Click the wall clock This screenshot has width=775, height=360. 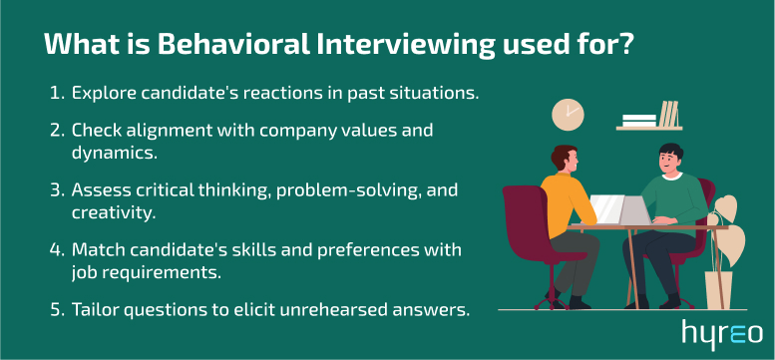(x=568, y=114)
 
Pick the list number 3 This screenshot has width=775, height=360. (x=55, y=189)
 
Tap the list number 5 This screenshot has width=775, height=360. (x=55, y=309)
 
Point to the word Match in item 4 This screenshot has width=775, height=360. (x=96, y=249)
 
